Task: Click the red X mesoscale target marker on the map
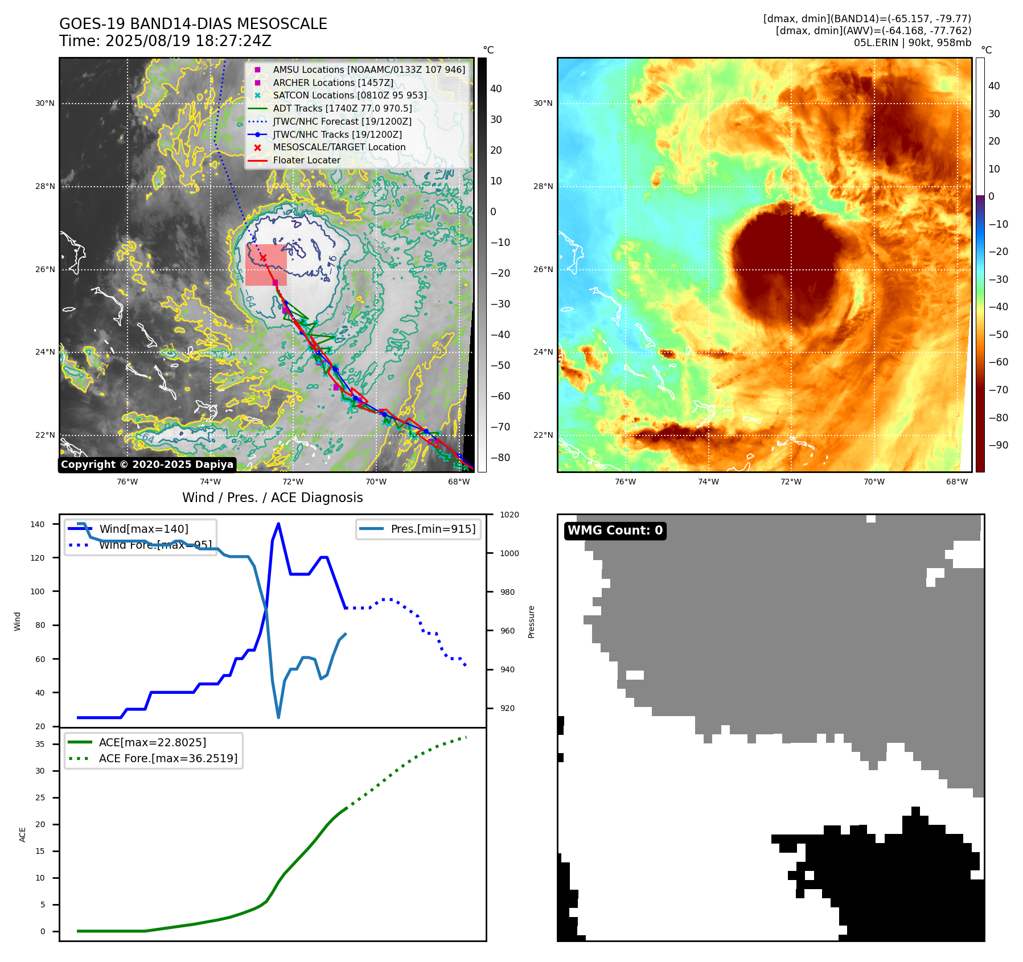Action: pyautogui.click(x=263, y=258)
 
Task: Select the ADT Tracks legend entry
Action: pyautogui.click(x=342, y=108)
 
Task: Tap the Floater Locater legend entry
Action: pyautogui.click(x=306, y=160)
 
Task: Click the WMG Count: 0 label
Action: pyautogui.click(x=615, y=531)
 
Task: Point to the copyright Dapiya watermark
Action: pyautogui.click(x=147, y=464)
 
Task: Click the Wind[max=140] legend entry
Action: pyautogui.click(x=143, y=529)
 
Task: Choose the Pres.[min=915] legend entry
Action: pyautogui.click(x=433, y=529)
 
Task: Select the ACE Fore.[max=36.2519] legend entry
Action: pyautogui.click(x=168, y=758)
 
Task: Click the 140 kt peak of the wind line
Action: pyautogui.click(x=278, y=524)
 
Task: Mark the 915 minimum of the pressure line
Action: pyautogui.click(x=278, y=718)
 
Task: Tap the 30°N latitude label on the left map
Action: pyautogui.click(x=45, y=104)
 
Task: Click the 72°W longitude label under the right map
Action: pyautogui.click(x=791, y=482)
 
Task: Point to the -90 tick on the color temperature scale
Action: pyautogui.click(x=998, y=445)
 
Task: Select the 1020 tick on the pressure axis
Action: pyautogui.click(x=510, y=515)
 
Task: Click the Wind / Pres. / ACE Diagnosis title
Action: pyautogui.click(x=272, y=498)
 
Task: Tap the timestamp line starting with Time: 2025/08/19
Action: pyautogui.click(x=165, y=41)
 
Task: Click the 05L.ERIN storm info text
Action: pyautogui.click(x=912, y=43)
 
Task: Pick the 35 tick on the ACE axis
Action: pyautogui.click(x=40, y=744)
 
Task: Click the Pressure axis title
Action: pyautogui.click(x=532, y=622)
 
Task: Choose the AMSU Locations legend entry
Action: pyautogui.click(x=368, y=69)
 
